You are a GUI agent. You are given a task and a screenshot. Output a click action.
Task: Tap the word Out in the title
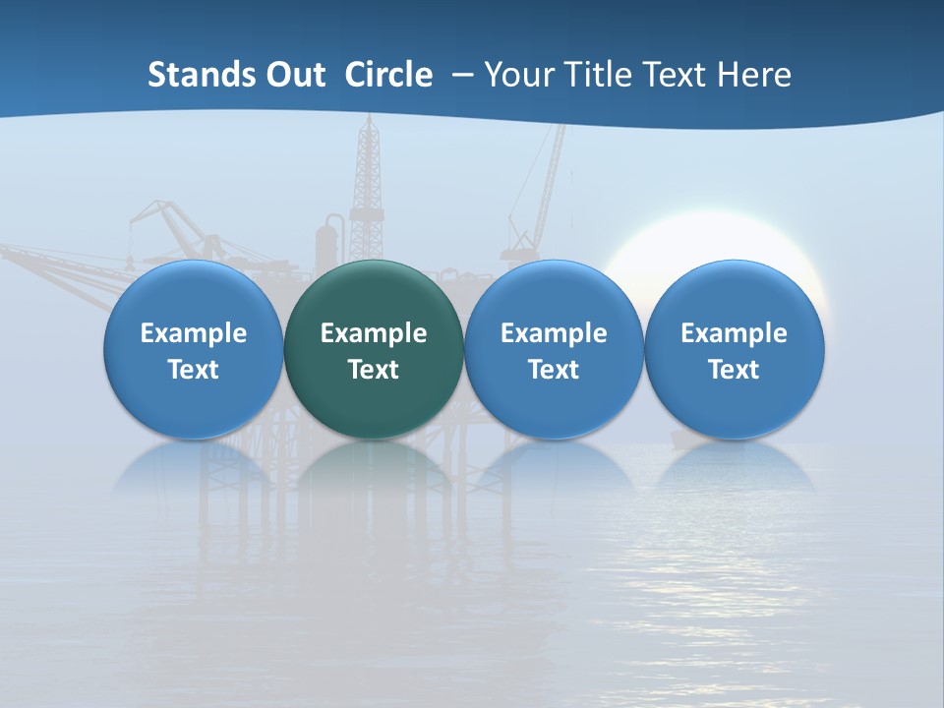coord(293,75)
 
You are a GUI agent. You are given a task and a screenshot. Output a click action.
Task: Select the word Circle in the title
coord(388,75)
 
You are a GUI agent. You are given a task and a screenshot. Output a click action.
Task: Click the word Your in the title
coord(518,75)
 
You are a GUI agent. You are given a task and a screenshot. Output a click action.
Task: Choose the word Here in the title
coord(753,75)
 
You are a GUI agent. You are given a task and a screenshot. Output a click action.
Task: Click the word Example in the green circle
coord(374,333)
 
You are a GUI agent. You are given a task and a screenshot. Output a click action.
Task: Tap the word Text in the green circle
coord(374,370)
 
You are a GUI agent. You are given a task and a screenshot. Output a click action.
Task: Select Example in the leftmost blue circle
coord(194,333)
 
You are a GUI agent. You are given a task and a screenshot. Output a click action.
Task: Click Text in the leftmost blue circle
coord(194,370)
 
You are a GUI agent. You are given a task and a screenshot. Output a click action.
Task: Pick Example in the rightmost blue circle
coord(735,333)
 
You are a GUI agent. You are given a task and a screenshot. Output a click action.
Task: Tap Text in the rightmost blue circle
coord(735,370)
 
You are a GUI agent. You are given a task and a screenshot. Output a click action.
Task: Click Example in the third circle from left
coord(554,333)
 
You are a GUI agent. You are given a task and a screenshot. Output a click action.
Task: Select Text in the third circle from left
coord(554,370)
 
